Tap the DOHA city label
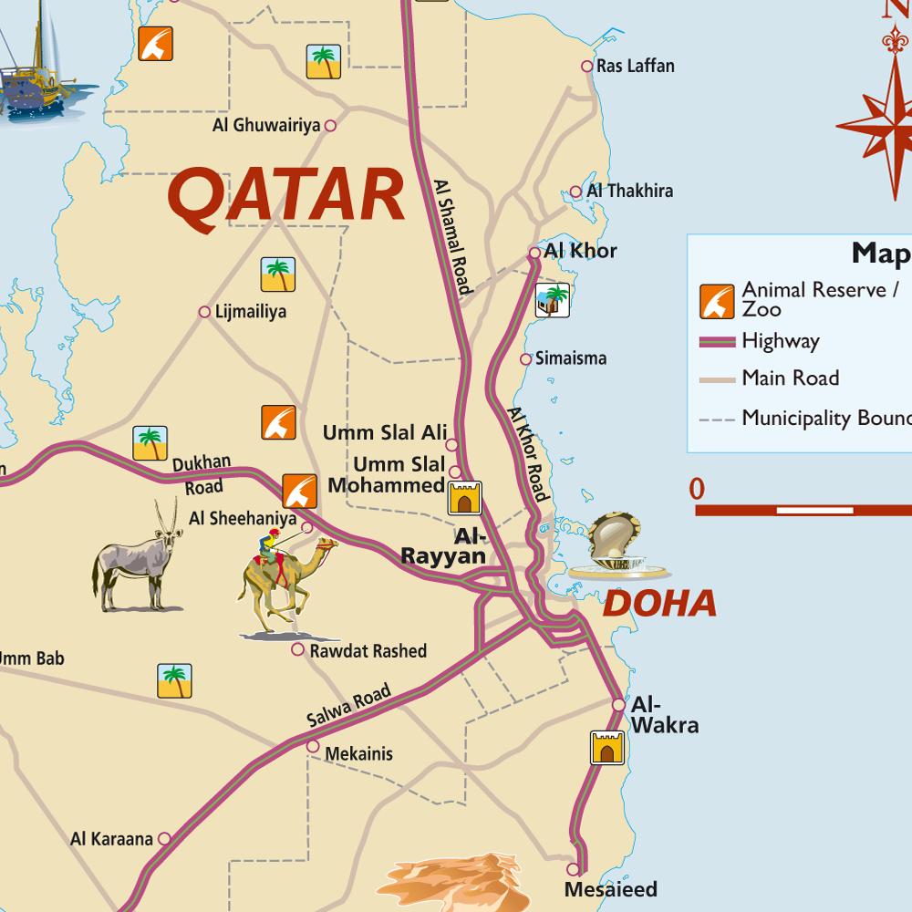point(659,603)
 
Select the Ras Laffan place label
point(635,66)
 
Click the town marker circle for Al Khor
point(534,253)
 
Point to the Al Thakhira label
point(629,191)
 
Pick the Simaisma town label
point(570,358)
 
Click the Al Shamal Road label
point(452,235)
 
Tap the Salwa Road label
point(348,706)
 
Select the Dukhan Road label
point(202,473)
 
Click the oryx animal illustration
point(137,560)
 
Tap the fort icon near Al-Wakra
point(606,747)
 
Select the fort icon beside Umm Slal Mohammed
point(463,499)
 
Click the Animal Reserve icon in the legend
point(717,302)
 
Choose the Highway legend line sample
point(717,342)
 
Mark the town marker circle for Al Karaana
point(164,838)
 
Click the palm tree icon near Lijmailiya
point(277,275)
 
